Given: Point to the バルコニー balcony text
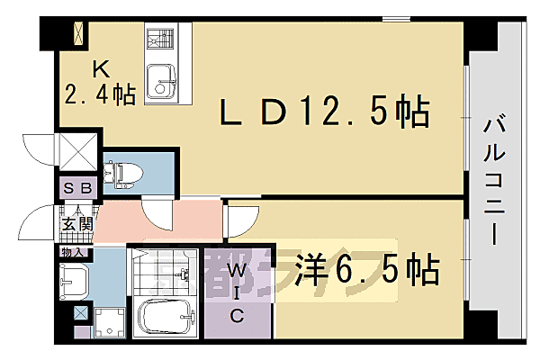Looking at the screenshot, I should click(493, 180).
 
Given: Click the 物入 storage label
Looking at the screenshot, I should click(74, 253).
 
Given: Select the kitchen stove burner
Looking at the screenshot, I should click(161, 40).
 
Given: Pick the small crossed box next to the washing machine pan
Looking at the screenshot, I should click(81, 314).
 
